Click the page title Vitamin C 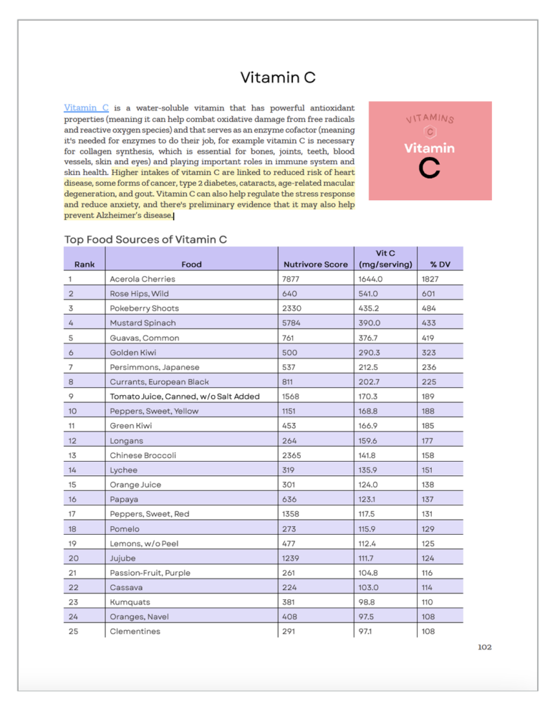pyautogui.click(x=278, y=77)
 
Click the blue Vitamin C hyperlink pyautogui.click(x=86, y=108)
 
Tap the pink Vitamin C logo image pyautogui.click(x=430, y=151)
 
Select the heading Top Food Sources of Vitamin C pyautogui.click(x=145, y=239)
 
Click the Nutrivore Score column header pyautogui.click(x=315, y=264)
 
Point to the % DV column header pyautogui.click(x=440, y=264)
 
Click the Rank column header pyautogui.click(x=84, y=264)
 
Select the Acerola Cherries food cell pyautogui.click(x=142, y=279)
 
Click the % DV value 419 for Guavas pyautogui.click(x=430, y=338)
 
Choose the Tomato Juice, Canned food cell pyautogui.click(x=184, y=396)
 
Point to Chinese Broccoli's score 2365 pyautogui.click(x=292, y=455)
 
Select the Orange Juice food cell pyautogui.click(x=135, y=485)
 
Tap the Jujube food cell pyautogui.click(x=123, y=558)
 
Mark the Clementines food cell pyautogui.click(x=135, y=632)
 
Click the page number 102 pyautogui.click(x=484, y=647)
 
